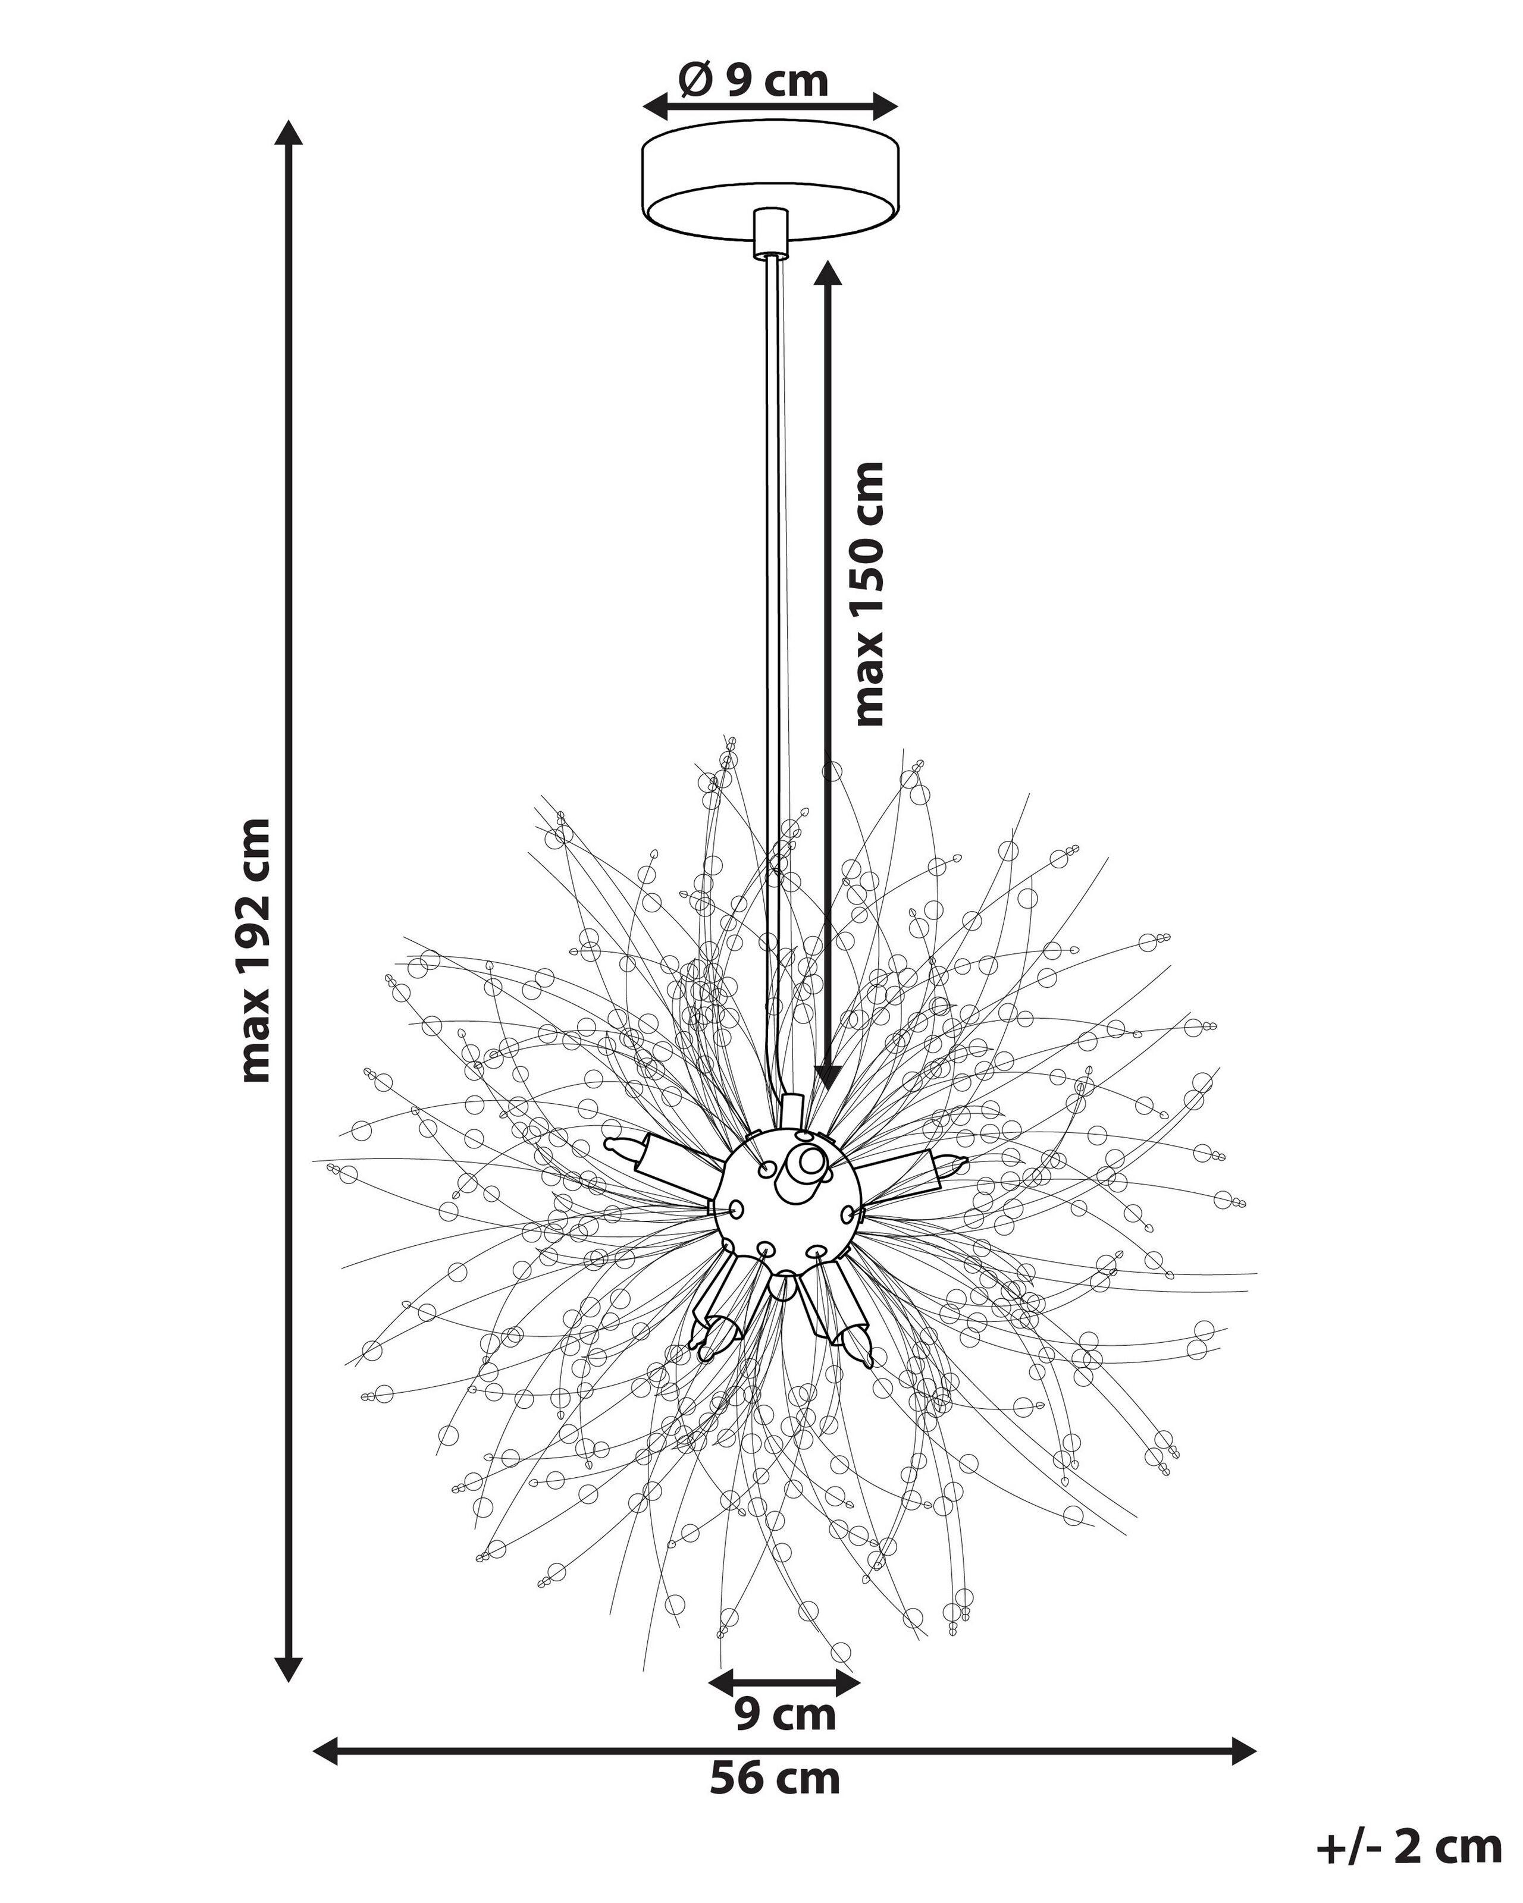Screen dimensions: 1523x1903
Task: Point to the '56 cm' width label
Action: (775, 1777)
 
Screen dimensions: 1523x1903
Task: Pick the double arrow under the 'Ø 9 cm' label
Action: (770, 107)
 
